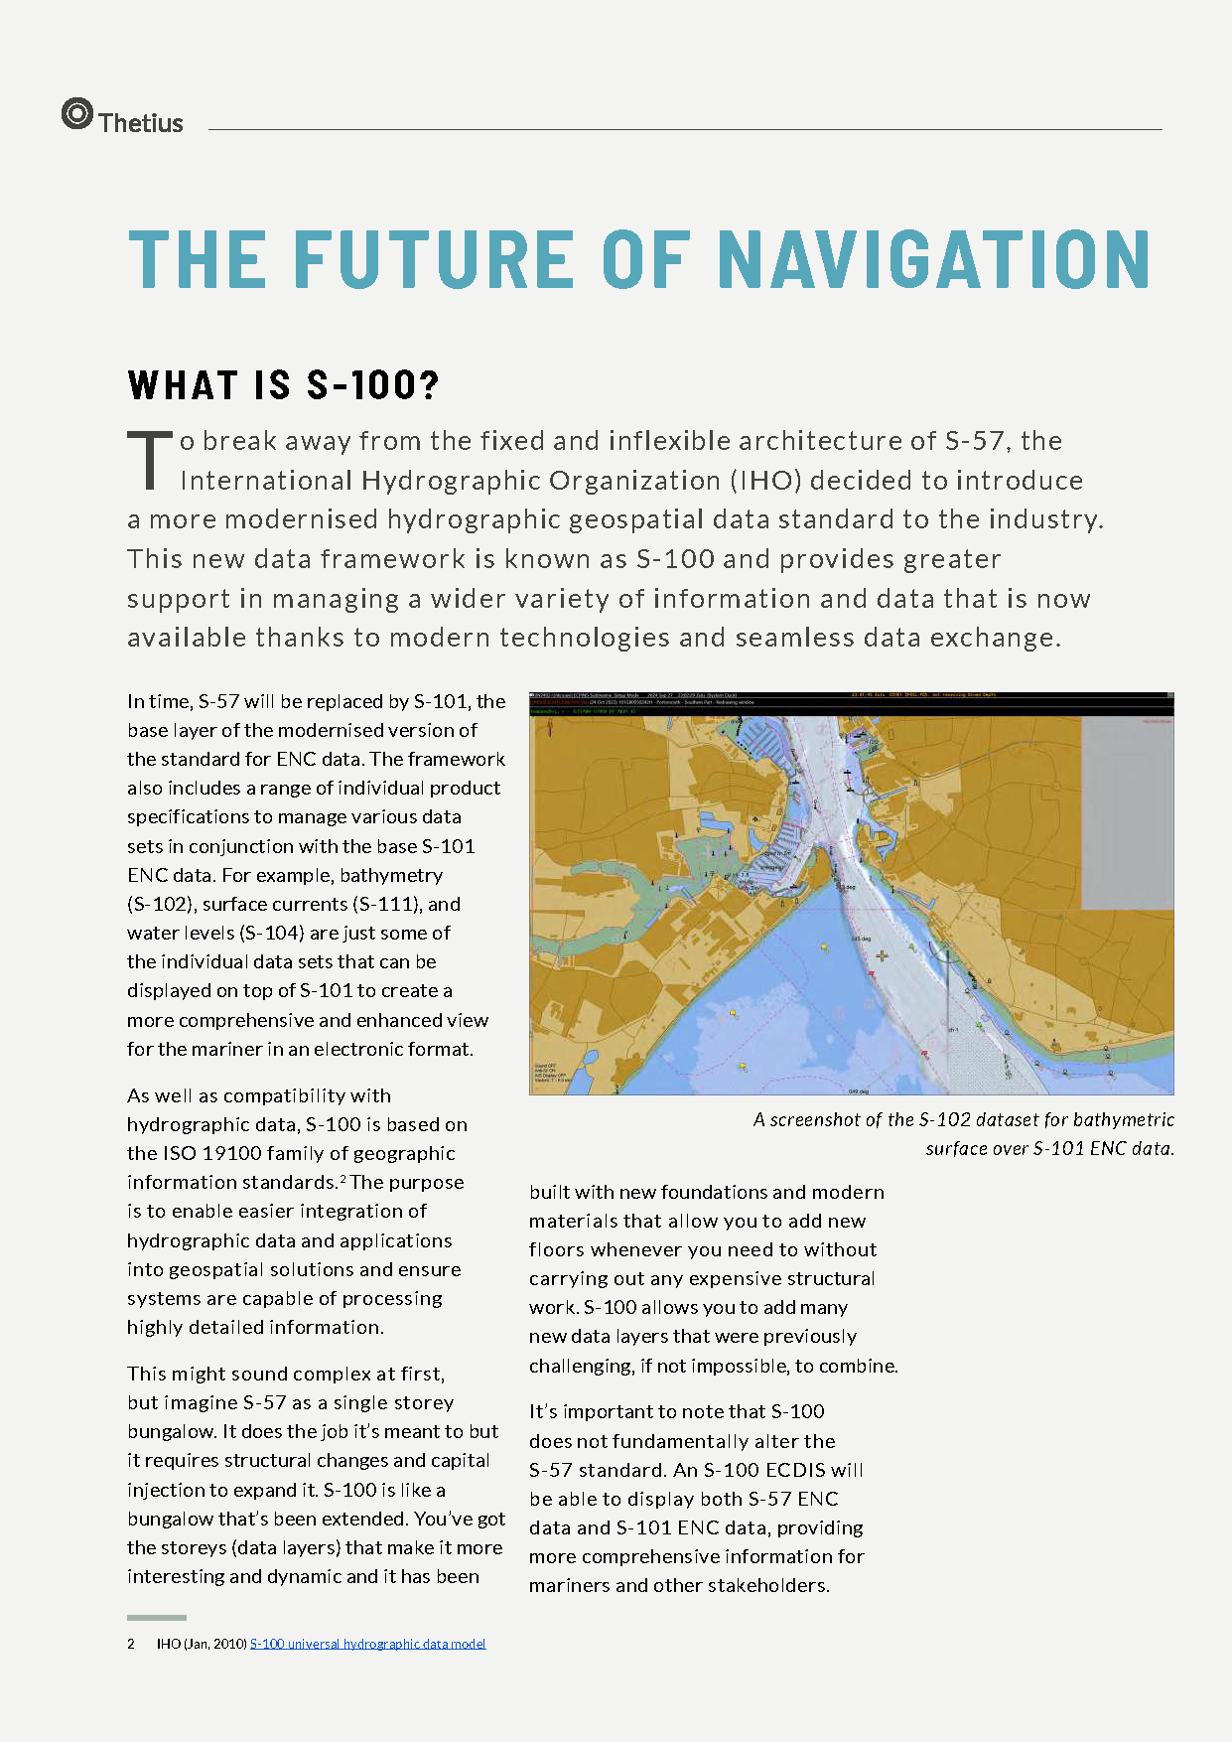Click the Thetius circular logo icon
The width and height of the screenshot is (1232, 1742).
pos(76,114)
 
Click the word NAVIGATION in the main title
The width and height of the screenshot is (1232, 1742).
pos(933,260)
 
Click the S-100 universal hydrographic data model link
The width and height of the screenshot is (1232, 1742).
pos(367,1644)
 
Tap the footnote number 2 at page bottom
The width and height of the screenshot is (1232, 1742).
pos(131,1644)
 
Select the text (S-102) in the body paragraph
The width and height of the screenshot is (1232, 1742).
pos(159,904)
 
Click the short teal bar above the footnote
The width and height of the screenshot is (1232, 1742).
pos(156,1618)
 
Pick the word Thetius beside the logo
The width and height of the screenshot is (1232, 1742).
pos(141,123)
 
